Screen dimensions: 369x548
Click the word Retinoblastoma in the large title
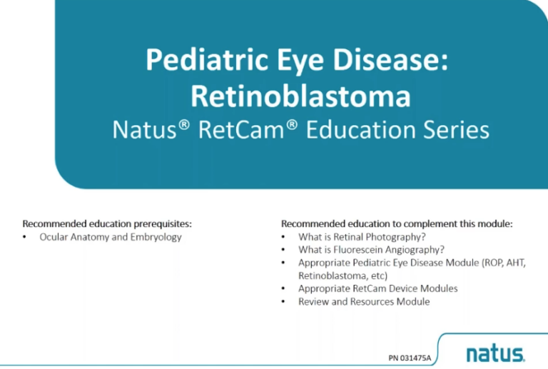tap(300, 95)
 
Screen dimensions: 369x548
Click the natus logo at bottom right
tap(494, 353)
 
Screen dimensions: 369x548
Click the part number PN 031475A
tap(410, 355)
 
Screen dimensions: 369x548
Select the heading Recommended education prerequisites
tap(107, 223)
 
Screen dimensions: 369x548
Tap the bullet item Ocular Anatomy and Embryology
tap(111, 237)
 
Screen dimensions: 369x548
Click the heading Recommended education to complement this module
tap(397, 223)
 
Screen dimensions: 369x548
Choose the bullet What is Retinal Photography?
tap(367, 237)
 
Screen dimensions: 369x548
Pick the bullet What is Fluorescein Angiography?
tap(372, 250)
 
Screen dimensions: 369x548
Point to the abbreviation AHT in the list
tap(515, 263)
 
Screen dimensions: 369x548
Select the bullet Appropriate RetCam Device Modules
tap(378, 288)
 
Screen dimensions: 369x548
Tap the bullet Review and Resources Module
tap(364, 301)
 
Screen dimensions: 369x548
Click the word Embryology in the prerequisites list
tap(158, 237)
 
